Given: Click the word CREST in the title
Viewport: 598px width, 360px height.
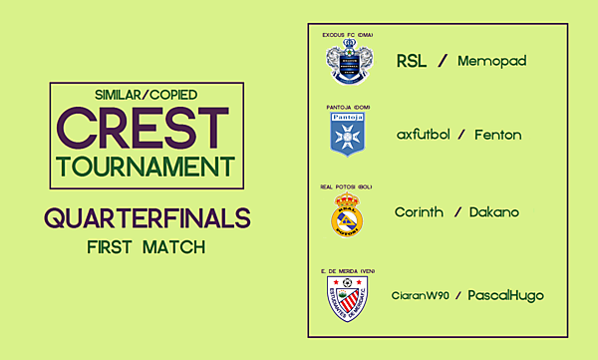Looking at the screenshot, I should point(143,127).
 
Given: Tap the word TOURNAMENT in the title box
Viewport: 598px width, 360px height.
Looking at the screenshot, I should point(147,166).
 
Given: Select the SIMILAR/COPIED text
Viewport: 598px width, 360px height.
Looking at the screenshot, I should point(147,95).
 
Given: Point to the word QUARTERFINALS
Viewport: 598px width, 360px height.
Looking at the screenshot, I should point(147,218).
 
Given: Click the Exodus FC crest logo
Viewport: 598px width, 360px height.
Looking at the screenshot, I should point(347,62).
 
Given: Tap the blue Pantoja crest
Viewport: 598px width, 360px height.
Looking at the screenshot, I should point(347,134).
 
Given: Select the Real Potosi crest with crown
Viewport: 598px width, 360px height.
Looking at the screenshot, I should point(347,214).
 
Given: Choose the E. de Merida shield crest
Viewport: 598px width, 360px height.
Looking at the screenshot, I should point(347,297).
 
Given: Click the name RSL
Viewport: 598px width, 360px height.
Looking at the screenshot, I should point(412,61).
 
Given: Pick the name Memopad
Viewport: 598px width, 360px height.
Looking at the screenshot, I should point(491,61).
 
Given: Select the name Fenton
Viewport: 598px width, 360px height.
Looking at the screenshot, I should point(497,135).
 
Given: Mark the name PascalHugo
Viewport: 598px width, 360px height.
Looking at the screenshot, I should point(506,295).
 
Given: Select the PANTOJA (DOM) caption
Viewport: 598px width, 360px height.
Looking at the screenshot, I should point(347,106).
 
